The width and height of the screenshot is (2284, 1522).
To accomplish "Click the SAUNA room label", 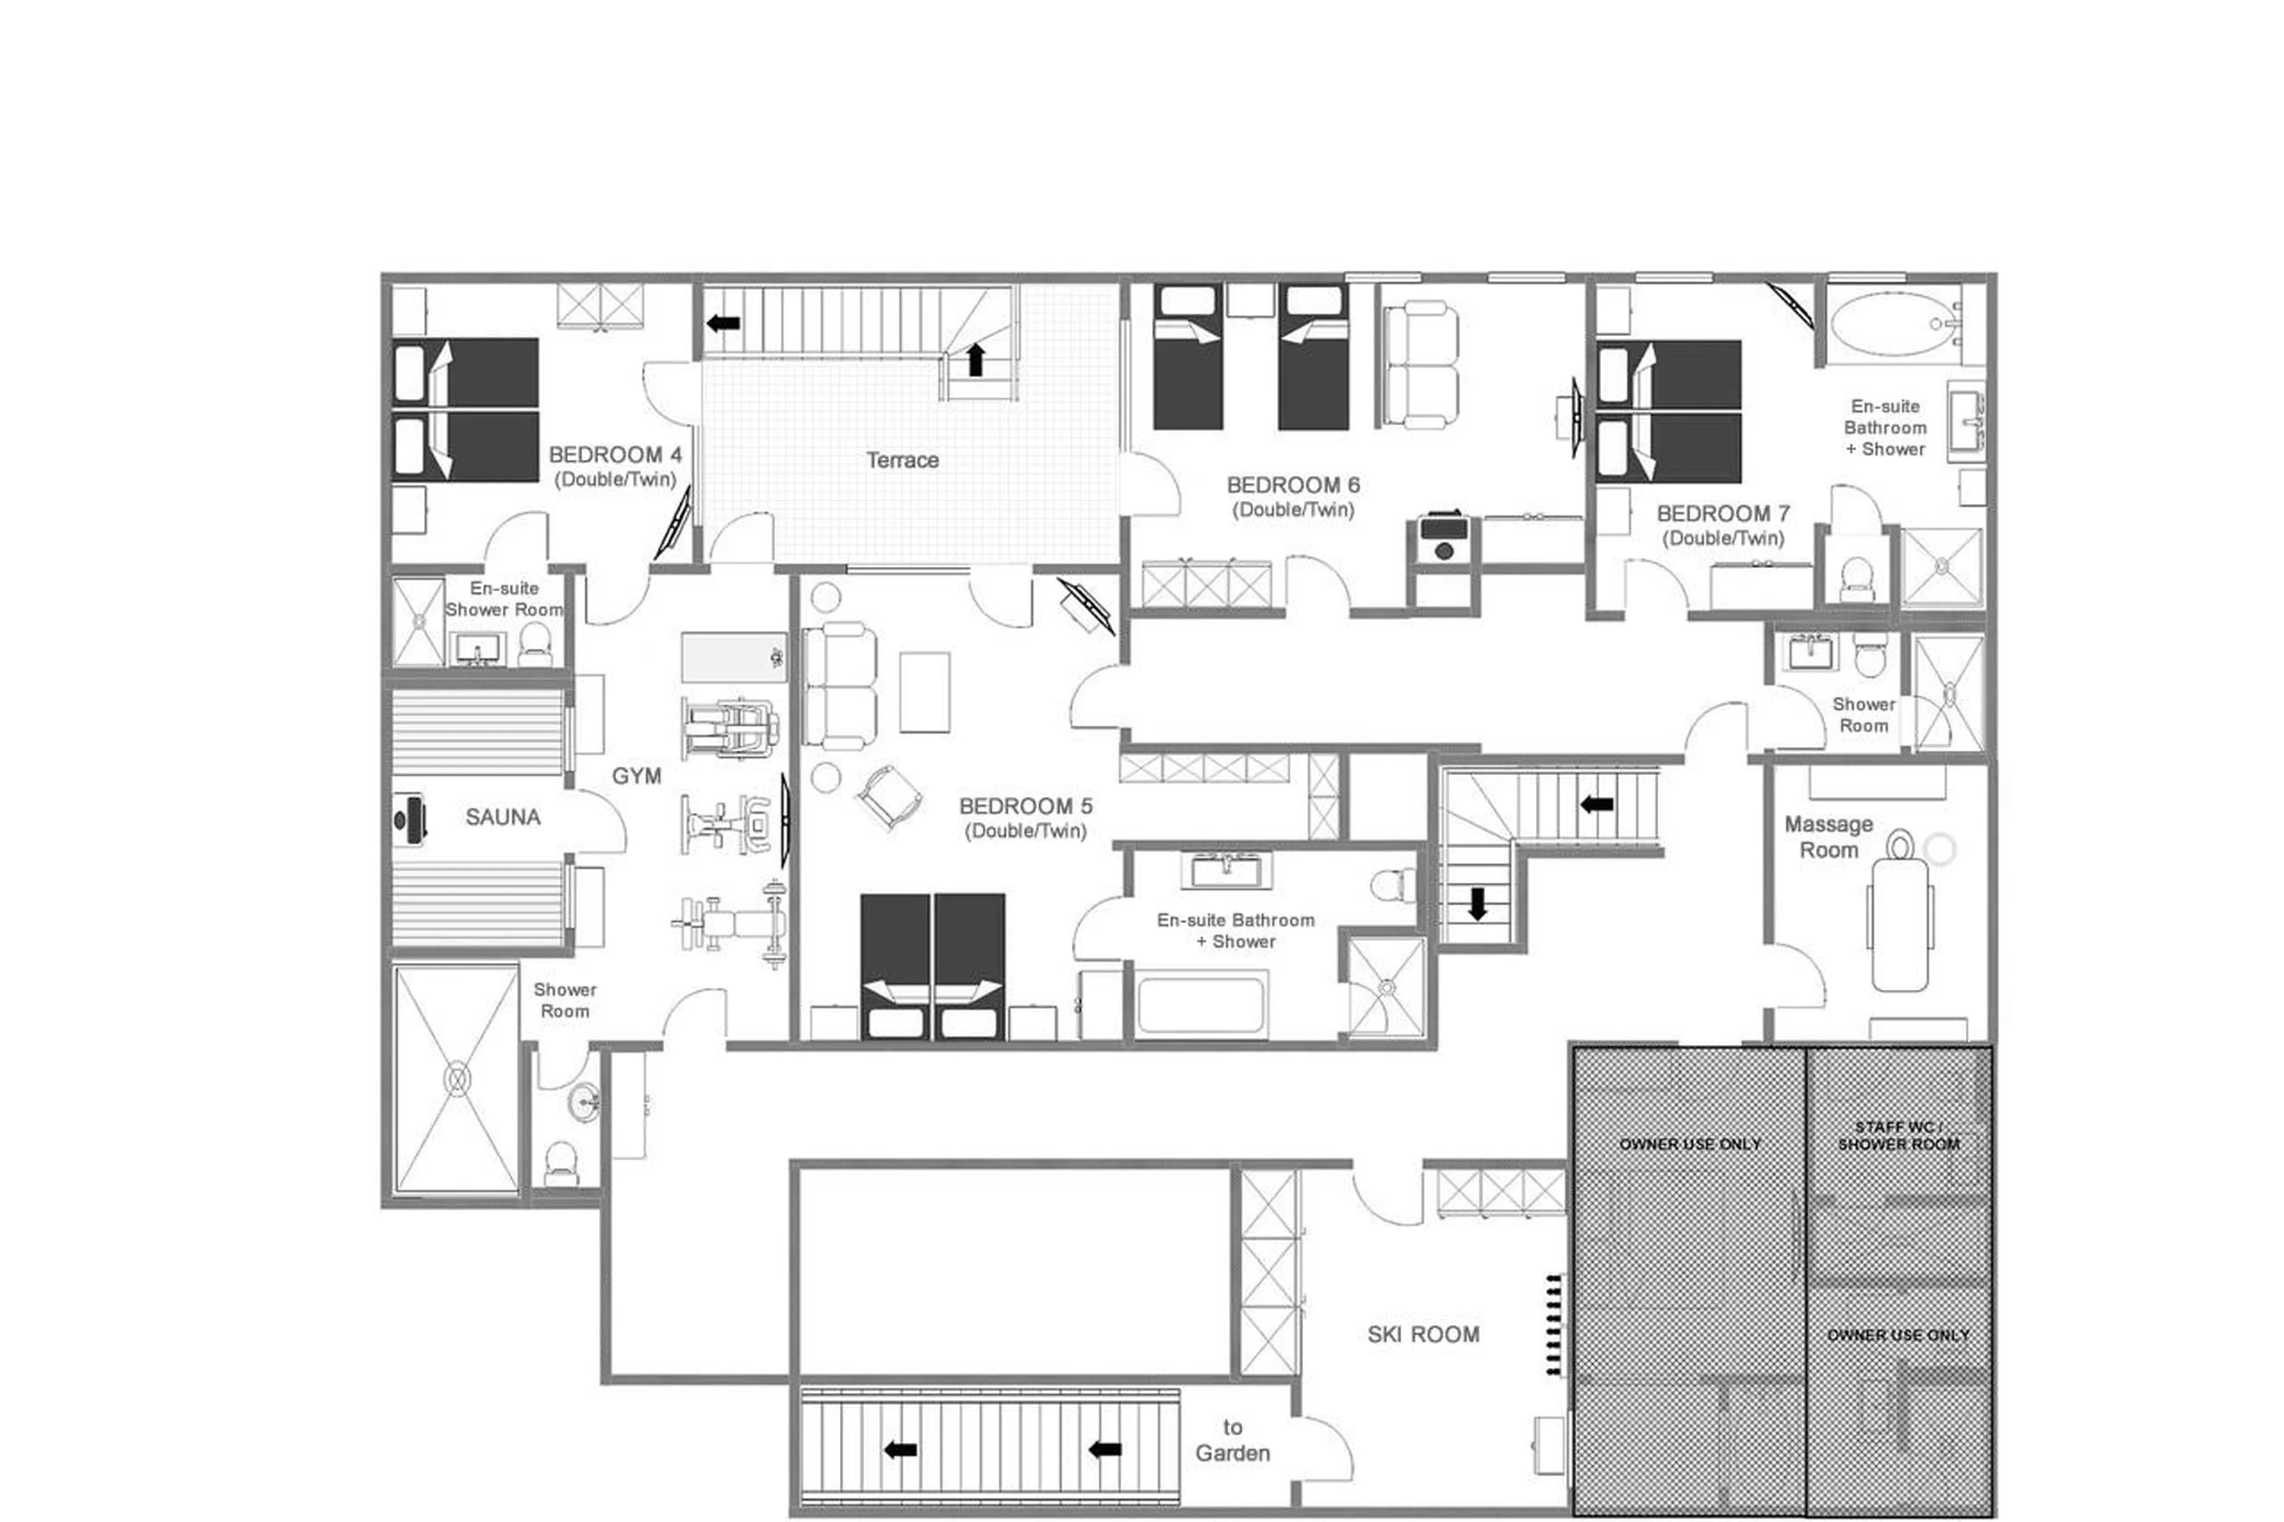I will coord(502,817).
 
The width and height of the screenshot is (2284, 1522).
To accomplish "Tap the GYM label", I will coord(636,776).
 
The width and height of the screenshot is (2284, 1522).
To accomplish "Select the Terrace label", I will coord(902,460).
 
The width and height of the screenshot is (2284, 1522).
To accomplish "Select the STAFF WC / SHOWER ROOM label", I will coord(1897,1135).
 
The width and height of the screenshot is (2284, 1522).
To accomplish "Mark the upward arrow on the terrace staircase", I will coord(975,359).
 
